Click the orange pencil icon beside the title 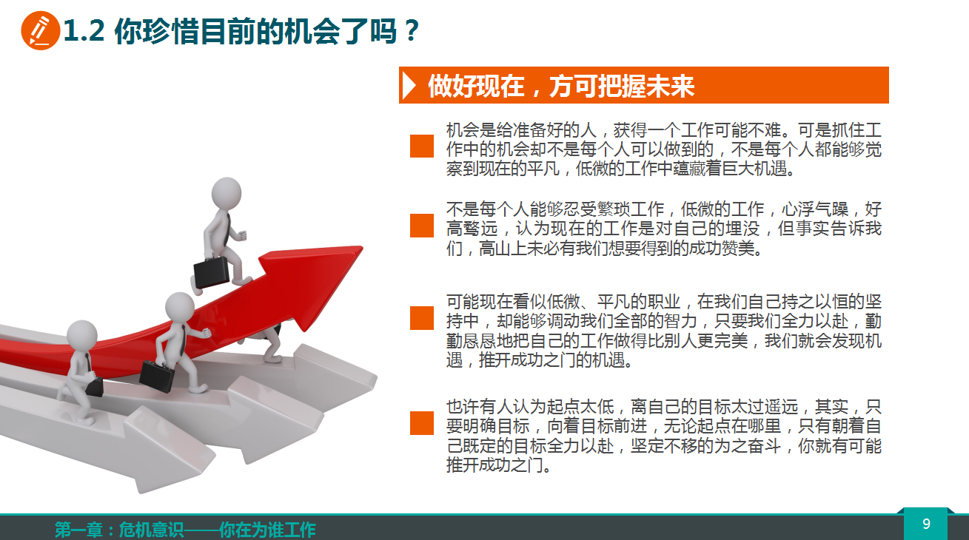(x=40, y=30)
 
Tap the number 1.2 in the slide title (x=84, y=30)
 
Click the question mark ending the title (x=412, y=30)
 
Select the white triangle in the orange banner (x=409, y=85)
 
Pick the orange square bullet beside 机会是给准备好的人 (x=422, y=146)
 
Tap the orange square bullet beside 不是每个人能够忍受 (x=422, y=226)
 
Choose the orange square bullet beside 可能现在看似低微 (x=422, y=318)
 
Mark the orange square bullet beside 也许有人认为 (x=422, y=422)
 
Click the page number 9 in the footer (x=926, y=524)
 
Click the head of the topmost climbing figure (x=227, y=194)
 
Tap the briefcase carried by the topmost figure (x=211, y=272)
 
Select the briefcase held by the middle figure (x=157, y=376)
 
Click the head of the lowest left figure (x=81, y=337)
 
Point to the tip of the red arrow (x=362, y=247)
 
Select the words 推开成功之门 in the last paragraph (x=496, y=465)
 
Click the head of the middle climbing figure (x=180, y=308)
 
